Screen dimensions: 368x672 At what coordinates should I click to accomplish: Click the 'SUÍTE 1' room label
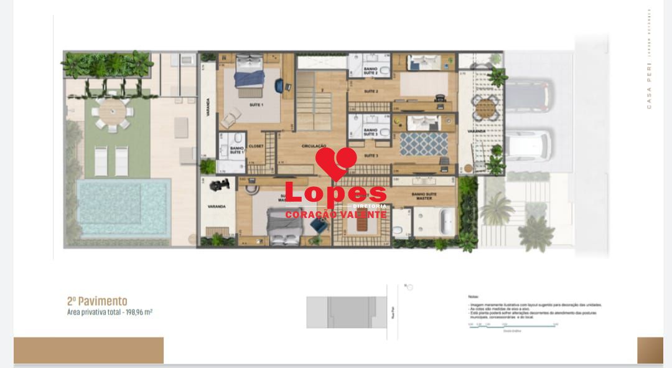click(256, 105)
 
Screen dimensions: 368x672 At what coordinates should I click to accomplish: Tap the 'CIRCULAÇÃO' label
click(314, 146)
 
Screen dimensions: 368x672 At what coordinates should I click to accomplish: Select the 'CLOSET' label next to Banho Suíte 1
click(256, 146)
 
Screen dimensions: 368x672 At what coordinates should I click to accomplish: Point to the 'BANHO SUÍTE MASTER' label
click(424, 195)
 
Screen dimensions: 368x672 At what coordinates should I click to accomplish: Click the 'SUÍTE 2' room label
click(371, 92)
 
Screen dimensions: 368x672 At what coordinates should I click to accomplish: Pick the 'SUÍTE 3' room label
click(371, 155)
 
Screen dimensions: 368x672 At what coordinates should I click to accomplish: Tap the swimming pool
click(124, 207)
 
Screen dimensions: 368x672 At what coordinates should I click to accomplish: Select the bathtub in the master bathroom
click(446, 222)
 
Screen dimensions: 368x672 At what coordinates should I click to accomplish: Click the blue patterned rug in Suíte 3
click(424, 144)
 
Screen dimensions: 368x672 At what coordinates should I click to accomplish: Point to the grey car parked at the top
click(528, 95)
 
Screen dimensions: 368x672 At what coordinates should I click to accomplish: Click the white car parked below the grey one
click(528, 146)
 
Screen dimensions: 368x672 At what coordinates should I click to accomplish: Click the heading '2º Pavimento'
click(97, 301)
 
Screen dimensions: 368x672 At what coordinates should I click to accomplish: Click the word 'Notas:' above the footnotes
click(474, 297)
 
